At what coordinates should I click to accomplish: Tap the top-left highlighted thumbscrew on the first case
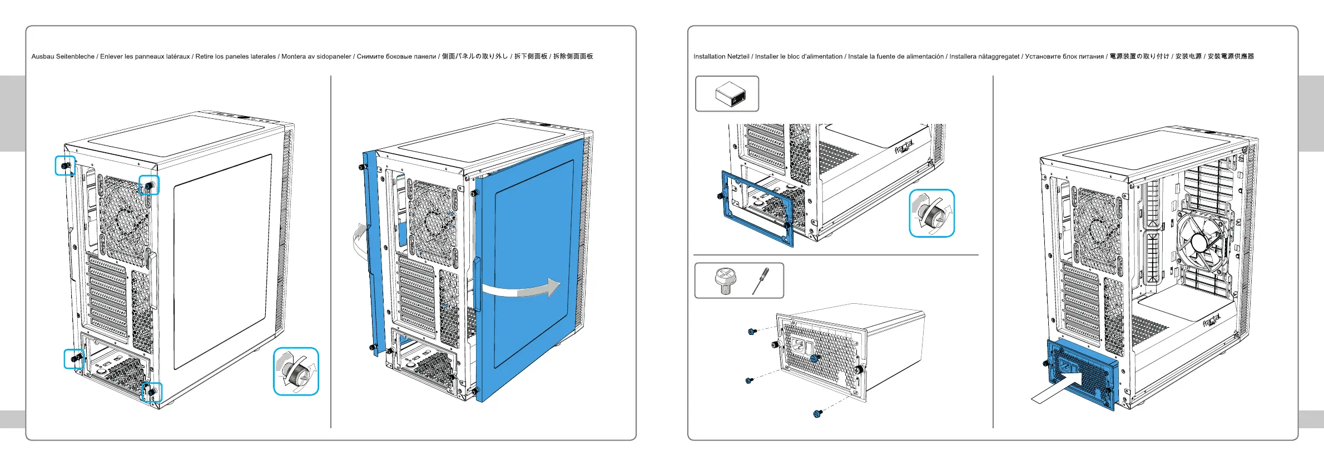pyautogui.click(x=66, y=166)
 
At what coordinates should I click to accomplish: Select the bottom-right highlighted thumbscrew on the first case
pyautogui.click(x=151, y=392)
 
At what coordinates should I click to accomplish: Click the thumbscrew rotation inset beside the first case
pyautogui.click(x=296, y=372)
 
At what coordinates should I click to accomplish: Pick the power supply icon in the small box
pyautogui.click(x=730, y=94)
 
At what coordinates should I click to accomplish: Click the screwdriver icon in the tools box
pyautogui.click(x=760, y=281)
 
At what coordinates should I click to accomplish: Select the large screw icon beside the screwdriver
pyautogui.click(x=725, y=280)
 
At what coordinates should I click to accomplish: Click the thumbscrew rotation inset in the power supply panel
pyautogui.click(x=931, y=213)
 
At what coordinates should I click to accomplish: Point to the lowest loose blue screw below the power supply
pyautogui.click(x=817, y=413)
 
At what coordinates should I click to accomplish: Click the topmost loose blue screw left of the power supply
pyautogui.click(x=752, y=332)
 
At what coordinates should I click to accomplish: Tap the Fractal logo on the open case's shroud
pyautogui.click(x=1211, y=321)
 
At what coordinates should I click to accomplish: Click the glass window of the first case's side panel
pyautogui.click(x=222, y=261)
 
